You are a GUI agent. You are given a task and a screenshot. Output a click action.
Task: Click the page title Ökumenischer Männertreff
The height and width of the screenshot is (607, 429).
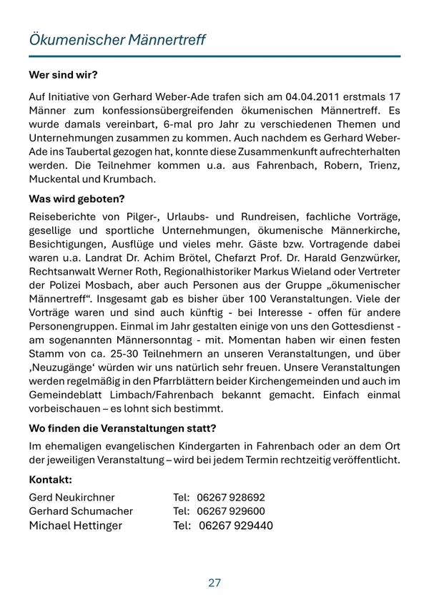tap(117, 39)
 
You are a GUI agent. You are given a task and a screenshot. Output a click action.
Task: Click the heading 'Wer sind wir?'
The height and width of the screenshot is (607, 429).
tap(63, 74)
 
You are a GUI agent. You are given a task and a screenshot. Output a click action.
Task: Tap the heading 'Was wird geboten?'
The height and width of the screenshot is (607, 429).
tap(77, 198)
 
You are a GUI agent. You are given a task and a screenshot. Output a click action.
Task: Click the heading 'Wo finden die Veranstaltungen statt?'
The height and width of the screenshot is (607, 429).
tap(122, 428)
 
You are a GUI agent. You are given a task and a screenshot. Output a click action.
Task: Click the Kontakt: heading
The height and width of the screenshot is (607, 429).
tap(51, 479)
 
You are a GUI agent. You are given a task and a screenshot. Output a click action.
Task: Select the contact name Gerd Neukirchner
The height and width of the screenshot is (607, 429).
tap(71, 497)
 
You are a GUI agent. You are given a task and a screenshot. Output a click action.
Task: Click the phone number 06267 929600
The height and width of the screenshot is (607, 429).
tap(230, 511)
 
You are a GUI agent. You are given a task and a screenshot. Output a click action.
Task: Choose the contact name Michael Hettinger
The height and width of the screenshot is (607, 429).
tap(75, 525)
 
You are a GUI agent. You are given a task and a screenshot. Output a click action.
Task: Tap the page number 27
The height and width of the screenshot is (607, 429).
tap(214, 583)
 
